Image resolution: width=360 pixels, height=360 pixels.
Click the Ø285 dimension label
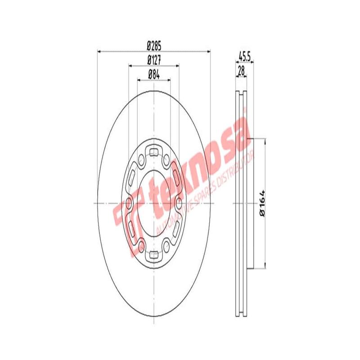(154, 45)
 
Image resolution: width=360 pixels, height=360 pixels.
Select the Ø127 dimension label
(154, 60)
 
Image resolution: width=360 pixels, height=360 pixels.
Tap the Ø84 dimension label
(154, 75)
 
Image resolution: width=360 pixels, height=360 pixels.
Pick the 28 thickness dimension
(241, 70)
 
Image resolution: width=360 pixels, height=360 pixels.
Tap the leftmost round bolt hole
(130, 203)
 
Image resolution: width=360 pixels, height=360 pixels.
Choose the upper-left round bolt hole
(142, 160)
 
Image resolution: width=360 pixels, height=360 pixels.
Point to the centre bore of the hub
(154, 203)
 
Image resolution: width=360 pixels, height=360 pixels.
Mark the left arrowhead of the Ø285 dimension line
(99, 51)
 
